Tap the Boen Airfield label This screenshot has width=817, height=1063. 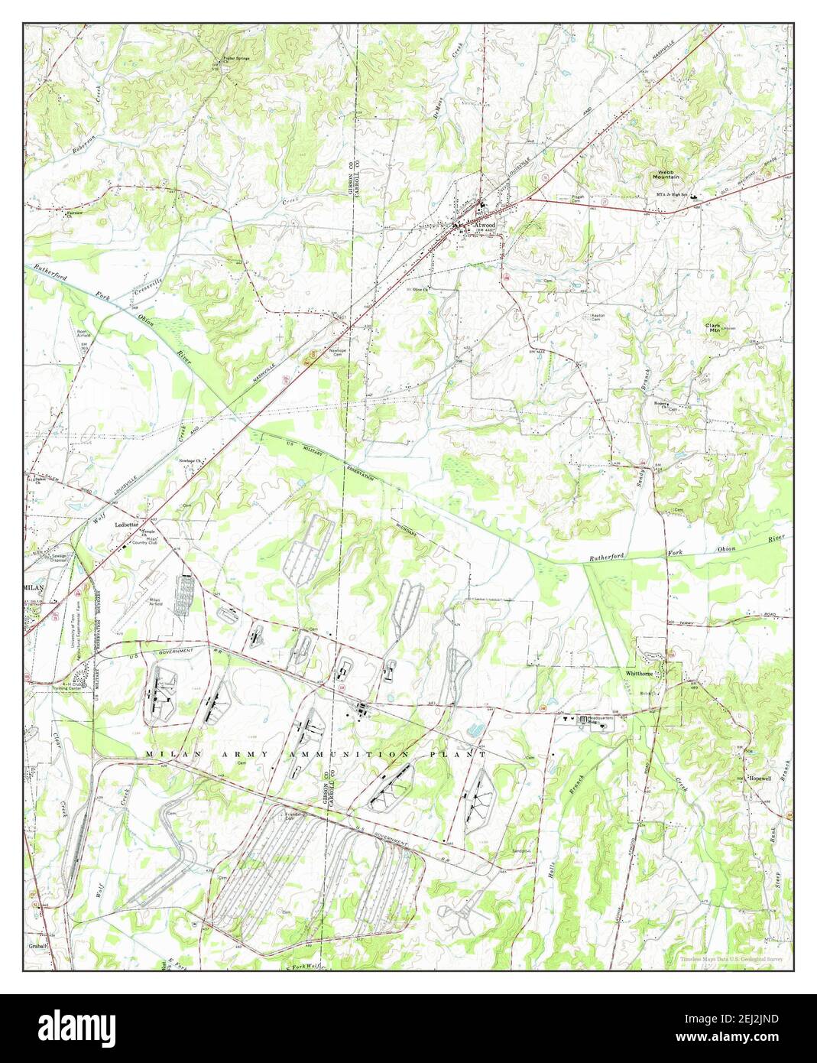(x=84, y=335)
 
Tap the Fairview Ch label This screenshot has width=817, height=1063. (x=74, y=215)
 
